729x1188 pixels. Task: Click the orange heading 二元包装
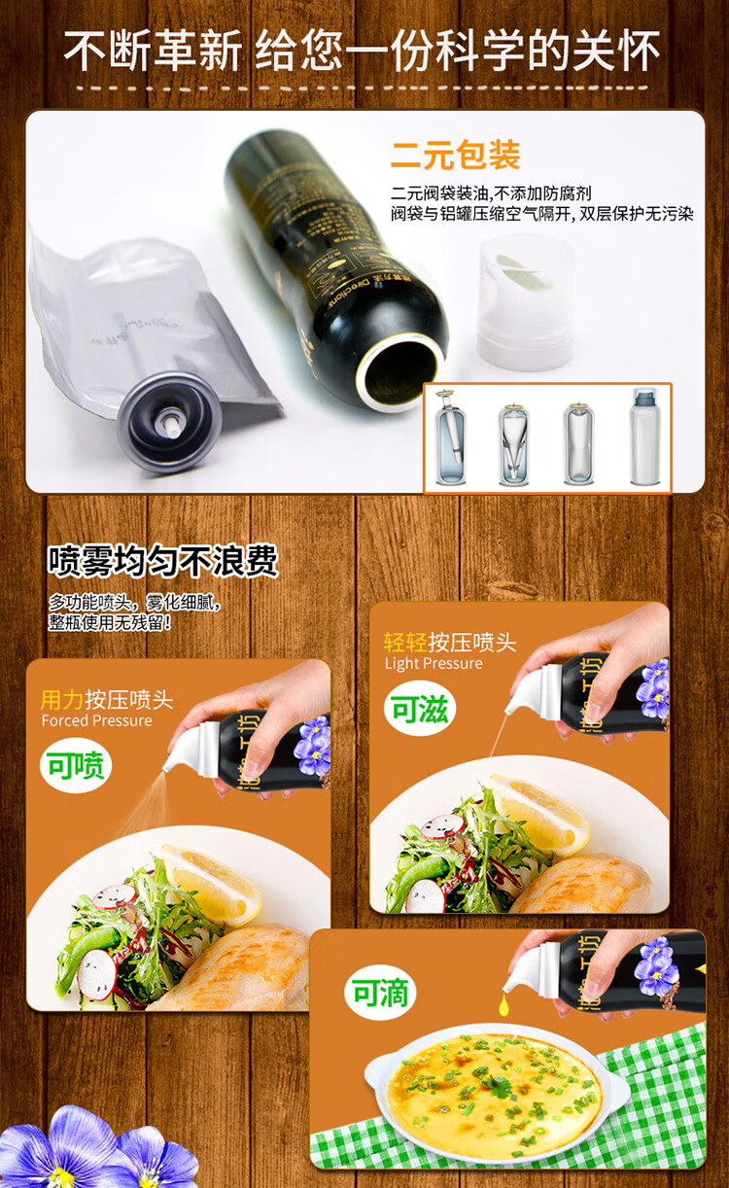[x=455, y=156]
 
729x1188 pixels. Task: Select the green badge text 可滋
[x=420, y=709]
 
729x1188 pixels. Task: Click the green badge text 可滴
[x=383, y=993]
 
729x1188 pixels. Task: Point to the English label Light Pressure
[x=434, y=664]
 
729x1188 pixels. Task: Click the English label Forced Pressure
[x=96, y=720]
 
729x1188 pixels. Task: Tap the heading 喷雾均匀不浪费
[x=163, y=561]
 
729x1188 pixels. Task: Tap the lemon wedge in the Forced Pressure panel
[x=214, y=883]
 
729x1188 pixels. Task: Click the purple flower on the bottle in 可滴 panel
[x=658, y=966]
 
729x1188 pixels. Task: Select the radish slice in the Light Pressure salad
[x=443, y=828]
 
